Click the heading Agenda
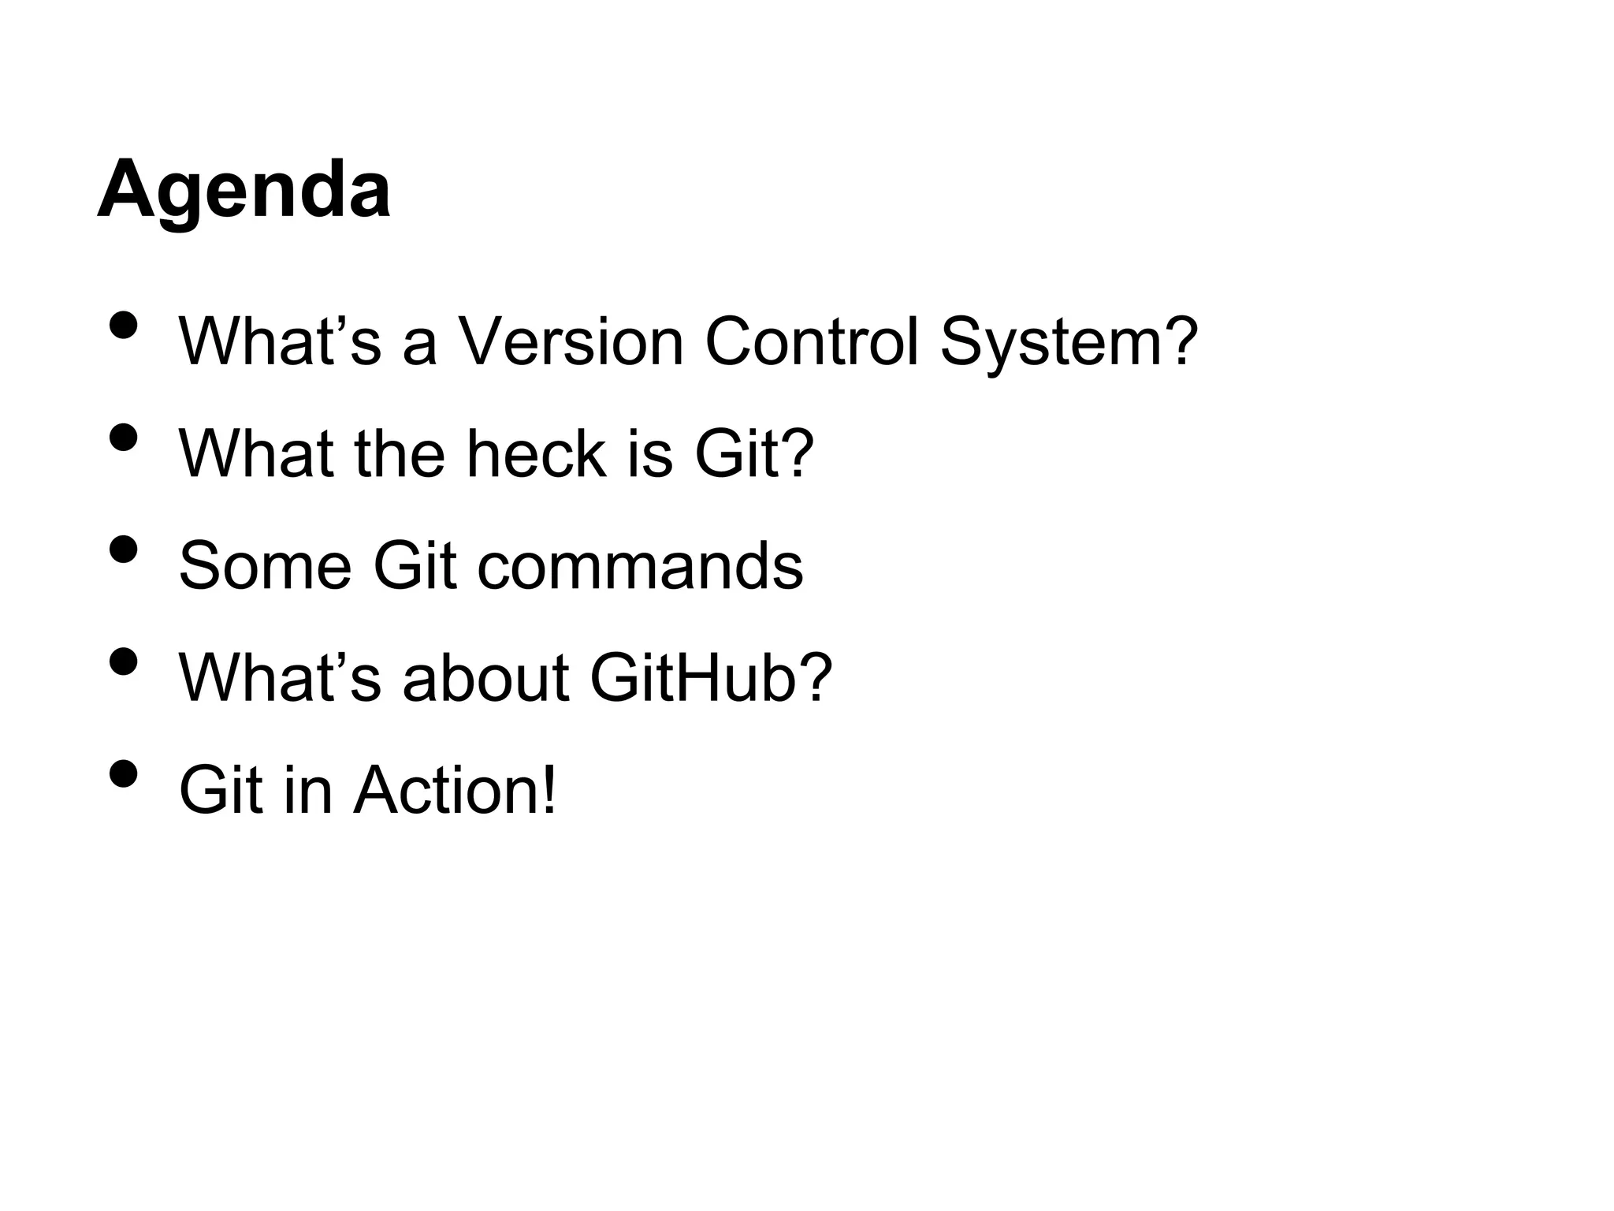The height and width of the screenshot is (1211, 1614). point(244,192)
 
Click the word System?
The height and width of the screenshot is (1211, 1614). point(1069,344)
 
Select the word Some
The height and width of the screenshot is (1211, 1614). point(265,565)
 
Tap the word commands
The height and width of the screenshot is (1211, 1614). point(640,565)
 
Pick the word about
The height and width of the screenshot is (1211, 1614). point(485,677)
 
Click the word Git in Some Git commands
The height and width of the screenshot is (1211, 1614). point(415,565)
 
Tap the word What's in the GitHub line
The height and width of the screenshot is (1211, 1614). point(280,677)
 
